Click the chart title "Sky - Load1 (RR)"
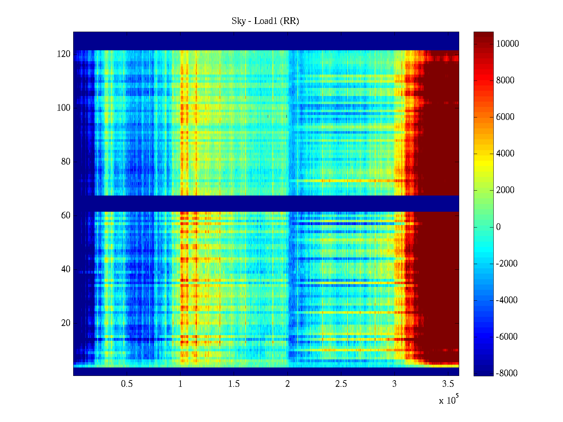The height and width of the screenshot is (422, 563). coord(265,21)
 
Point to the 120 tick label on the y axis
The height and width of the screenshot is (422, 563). coord(63,54)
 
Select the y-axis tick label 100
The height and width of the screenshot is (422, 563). coord(63,108)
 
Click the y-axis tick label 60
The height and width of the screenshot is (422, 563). coord(65,216)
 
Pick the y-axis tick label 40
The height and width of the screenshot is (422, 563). coord(65,269)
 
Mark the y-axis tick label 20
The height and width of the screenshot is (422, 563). coord(65,323)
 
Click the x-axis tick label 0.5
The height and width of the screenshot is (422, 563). coord(127,384)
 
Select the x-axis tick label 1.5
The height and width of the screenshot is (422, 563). coord(234,384)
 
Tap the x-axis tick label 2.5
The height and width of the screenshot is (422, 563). coord(341,384)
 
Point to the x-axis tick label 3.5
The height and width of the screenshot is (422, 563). coord(448,384)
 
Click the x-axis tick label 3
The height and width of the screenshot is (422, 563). coord(394,384)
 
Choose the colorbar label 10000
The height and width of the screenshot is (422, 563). coord(507,44)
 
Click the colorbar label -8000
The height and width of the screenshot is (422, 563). coord(506,373)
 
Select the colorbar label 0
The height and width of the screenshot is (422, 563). coord(498,227)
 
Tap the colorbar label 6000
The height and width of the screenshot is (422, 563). coord(505,117)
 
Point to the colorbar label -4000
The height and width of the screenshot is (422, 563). coord(506,300)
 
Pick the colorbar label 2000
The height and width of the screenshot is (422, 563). coord(505,190)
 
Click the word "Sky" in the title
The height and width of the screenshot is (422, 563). coord(238,21)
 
